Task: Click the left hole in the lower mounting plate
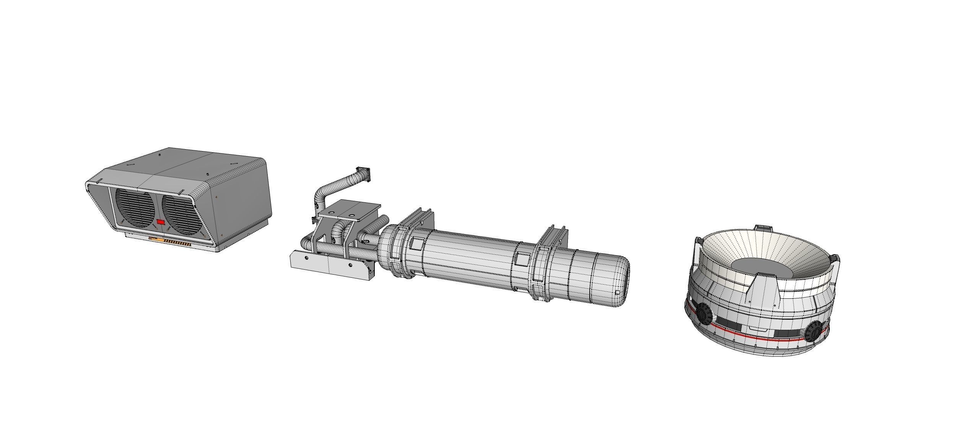point(306,258)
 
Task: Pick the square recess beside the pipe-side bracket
point(416,243)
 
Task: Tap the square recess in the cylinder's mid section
point(522,260)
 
